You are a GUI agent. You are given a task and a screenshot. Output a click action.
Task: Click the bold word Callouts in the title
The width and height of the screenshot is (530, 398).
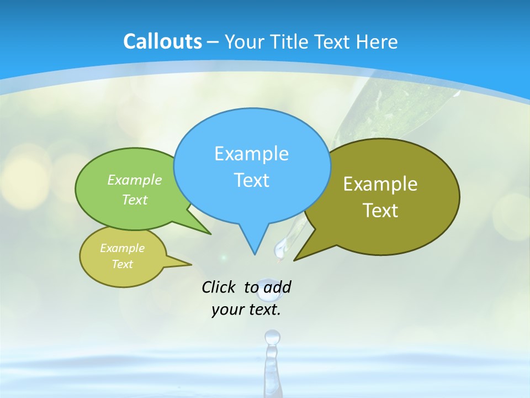(x=162, y=41)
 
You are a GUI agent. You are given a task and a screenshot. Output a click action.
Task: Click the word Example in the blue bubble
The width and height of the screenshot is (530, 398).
(x=251, y=153)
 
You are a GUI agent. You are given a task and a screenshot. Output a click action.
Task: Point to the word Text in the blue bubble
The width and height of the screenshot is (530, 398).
(x=251, y=180)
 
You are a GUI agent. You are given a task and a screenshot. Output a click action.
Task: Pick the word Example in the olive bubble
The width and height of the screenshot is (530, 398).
(x=380, y=184)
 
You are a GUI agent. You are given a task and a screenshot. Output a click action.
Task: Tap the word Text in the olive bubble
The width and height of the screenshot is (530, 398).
(x=380, y=210)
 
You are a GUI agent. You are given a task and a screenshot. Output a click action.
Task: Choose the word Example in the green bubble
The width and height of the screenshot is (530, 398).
(x=135, y=180)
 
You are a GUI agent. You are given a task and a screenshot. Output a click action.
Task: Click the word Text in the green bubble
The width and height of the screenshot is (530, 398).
(x=135, y=200)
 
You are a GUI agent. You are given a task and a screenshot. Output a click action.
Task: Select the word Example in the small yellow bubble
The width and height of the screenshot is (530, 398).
(x=122, y=248)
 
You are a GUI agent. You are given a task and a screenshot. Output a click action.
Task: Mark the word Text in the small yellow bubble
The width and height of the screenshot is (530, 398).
(x=122, y=264)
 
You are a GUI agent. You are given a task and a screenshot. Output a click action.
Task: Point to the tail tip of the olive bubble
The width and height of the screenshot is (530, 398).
(x=295, y=259)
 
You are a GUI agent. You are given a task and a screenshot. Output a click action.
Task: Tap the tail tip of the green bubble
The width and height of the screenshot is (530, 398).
(x=210, y=234)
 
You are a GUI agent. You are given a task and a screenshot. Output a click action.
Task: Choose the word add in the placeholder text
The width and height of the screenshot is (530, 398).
(x=277, y=287)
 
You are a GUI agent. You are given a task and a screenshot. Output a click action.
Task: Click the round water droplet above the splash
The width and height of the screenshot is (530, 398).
(x=272, y=336)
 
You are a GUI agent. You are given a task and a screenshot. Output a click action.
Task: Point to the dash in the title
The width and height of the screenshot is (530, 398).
(x=214, y=42)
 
